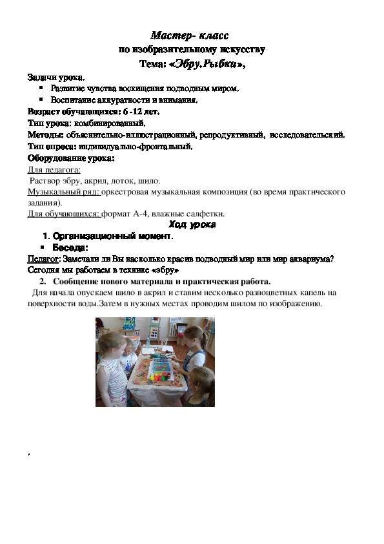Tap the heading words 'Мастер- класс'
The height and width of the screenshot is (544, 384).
(x=191, y=34)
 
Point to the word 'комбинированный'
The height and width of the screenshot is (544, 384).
(x=110, y=122)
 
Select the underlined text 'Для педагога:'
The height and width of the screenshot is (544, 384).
(x=54, y=169)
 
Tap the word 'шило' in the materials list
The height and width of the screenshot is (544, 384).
(x=148, y=181)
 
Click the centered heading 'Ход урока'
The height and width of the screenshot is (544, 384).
(x=192, y=225)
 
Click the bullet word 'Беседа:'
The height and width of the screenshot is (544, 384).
(x=70, y=247)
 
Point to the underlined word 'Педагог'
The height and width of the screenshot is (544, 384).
(x=43, y=258)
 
